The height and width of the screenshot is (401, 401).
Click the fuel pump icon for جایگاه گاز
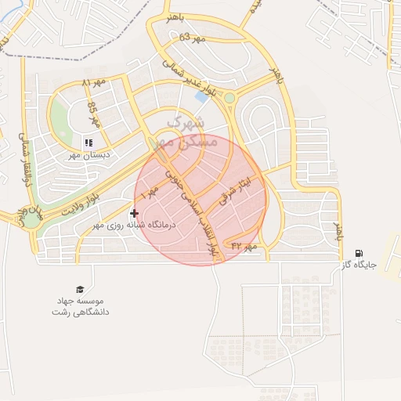(359, 253)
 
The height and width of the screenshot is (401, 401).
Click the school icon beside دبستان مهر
(89, 143)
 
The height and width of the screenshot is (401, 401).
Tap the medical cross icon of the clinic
(135, 213)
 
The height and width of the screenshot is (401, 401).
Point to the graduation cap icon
(79, 289)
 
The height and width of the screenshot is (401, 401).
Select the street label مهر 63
(191, 37)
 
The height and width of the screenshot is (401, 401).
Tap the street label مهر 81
(92, 82)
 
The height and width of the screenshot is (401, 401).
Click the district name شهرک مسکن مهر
(182, 132)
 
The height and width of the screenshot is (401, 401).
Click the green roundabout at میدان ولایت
(30, 220)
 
